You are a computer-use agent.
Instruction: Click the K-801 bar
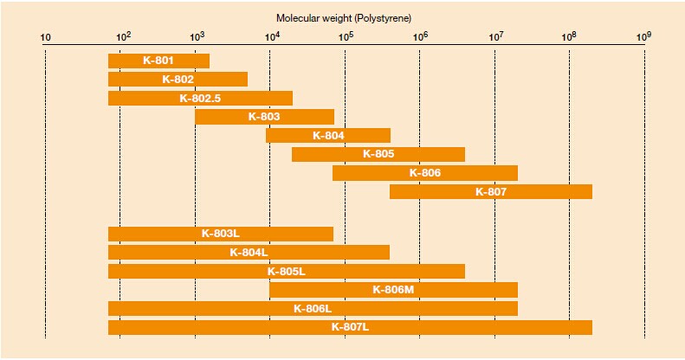[x=158, y=61]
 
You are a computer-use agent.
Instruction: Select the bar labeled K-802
[x=178, y=79]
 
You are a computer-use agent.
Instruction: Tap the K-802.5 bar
[x=200, y=98]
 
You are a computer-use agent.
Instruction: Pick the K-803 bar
[x=264, y=116]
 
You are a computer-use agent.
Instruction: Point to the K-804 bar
[x=328, y=135]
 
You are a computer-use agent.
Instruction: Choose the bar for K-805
[x=378, y=154]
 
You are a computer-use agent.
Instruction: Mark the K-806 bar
[x=425, y=173]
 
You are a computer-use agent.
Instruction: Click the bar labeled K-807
[x=491, y=191]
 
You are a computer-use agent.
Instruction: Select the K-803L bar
[x=221, y=234]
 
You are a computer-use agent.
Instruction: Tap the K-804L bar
[x=249, y=252]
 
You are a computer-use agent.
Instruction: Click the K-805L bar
[x=287, y=271]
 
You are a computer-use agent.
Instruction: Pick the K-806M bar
[x=393, y=290]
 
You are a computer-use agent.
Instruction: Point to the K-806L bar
[x=313, y=308]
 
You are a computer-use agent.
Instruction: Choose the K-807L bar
[x=350, y=327]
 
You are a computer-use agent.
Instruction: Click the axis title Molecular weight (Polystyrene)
[x=345, y=17]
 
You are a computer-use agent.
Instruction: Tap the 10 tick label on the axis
[x=46, y=38]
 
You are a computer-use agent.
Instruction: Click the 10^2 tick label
[x=122, y=37]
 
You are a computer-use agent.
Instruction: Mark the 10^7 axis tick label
[x=495, y=37]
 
